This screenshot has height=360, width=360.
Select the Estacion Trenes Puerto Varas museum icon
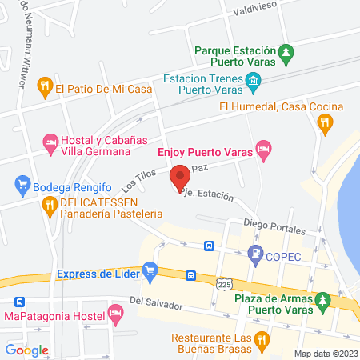(254, 80)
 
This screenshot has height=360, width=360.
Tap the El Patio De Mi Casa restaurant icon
(45, 83)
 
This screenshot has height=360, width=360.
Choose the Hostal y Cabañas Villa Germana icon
(50, 143)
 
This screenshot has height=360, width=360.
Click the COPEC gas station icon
(256, 255)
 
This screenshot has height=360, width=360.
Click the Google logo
(26, 350)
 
